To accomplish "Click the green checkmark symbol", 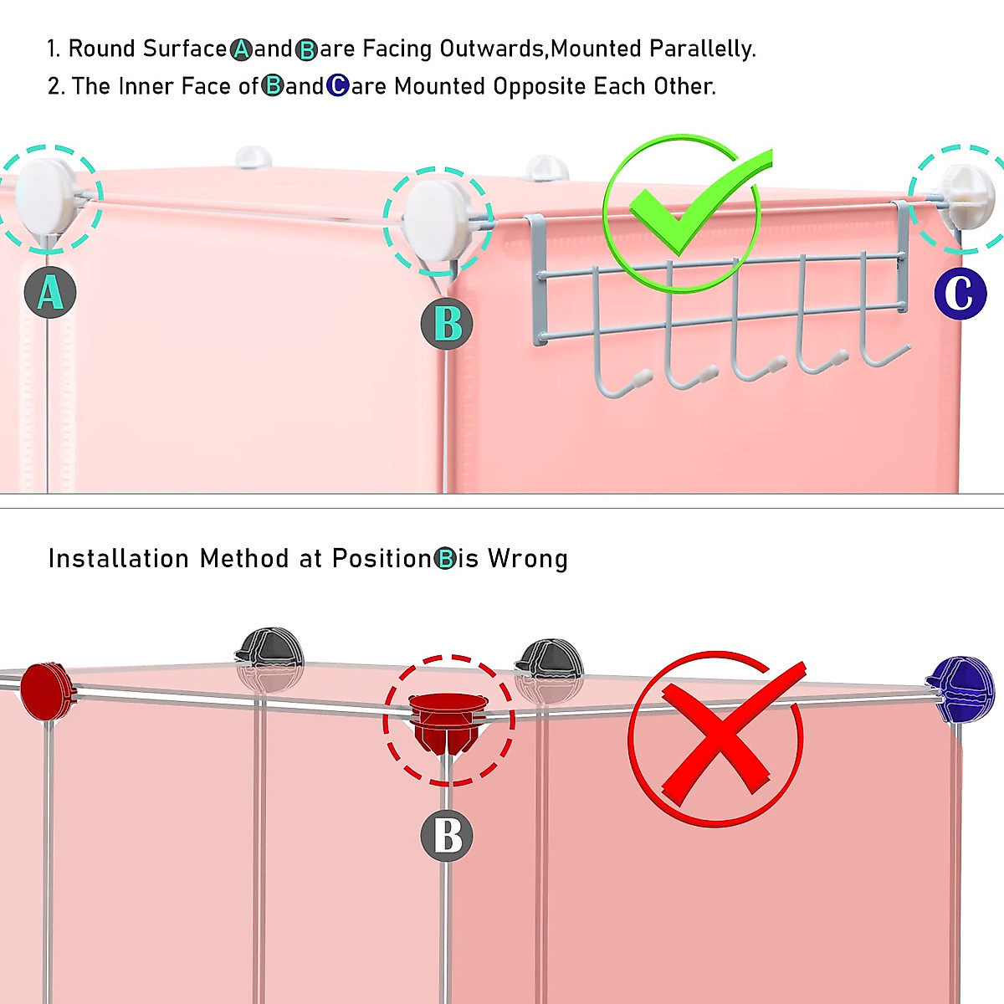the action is (687, 213).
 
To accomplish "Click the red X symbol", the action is (717, 740).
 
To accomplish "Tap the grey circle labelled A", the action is (50, 292).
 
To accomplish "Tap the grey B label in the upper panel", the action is (447, 324).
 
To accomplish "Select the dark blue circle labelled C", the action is (960, 294).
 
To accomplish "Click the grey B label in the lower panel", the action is (447, 836).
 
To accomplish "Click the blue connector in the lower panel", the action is (960, 689).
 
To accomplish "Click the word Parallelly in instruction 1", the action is (702, 49).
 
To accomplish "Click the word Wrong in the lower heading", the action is (527, 559).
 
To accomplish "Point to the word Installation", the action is (118, 559).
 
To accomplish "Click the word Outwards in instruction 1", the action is (491, 49).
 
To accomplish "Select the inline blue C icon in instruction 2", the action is (338, 86).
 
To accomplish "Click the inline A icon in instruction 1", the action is (241, 49).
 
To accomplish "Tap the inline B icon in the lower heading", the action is (445, 559).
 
